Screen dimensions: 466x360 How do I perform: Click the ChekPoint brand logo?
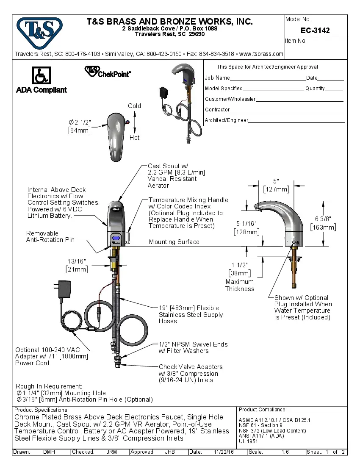point(108,72)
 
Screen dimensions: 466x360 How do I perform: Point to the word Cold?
point(134,106)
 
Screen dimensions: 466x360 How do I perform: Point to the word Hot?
point(134,138)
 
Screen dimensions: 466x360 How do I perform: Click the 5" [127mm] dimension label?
point(276,185)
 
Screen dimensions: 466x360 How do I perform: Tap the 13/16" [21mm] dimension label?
point(77,265)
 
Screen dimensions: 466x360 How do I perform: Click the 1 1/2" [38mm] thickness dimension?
point(239,269)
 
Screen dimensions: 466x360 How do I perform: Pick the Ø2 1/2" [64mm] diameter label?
point(80,126)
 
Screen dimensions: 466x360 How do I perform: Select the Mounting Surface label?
point(174,242)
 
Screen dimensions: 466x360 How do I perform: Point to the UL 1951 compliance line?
point(248,441)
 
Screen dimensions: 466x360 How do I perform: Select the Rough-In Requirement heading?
point(49,386)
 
